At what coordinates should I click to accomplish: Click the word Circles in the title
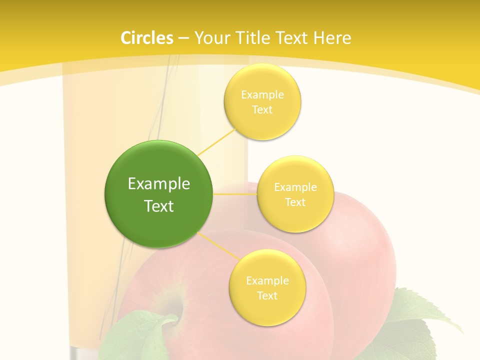147,38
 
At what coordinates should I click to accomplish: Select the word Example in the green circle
159,184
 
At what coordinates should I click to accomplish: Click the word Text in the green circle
159,206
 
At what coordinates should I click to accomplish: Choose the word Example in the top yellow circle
262,94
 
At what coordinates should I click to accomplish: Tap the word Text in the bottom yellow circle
267,295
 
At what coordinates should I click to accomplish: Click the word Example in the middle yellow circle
295,187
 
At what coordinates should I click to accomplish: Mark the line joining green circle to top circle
217,141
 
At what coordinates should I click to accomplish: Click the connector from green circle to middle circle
235,194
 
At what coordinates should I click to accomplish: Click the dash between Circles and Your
183,38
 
